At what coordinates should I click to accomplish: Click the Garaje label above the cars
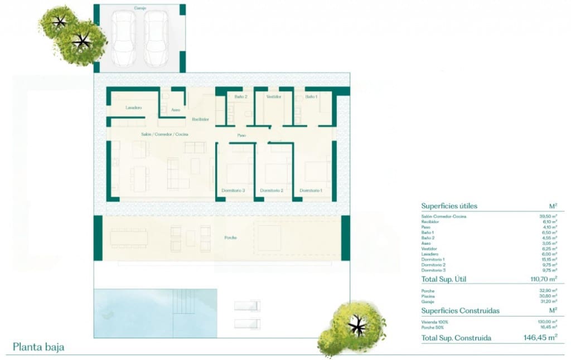[140, 8]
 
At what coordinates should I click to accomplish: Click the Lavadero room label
[133, 108]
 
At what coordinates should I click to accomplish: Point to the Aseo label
[176, 109]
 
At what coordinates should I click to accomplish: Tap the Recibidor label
[200, 119]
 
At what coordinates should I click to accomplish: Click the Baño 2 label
[241, 97]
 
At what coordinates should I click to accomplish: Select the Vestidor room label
[273, 97]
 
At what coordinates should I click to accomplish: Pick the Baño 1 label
[311, 97]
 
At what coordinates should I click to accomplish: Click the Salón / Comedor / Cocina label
[164, 135]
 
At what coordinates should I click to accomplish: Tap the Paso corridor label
[241, 135]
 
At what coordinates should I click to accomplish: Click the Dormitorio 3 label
[233, 191]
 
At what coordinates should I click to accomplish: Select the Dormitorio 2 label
[272, 191]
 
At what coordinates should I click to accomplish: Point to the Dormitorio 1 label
[311, 191]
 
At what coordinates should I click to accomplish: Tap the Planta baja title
[38, 347]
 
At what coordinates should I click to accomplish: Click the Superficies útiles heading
[449, 206]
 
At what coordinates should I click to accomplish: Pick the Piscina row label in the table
[429, 296]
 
